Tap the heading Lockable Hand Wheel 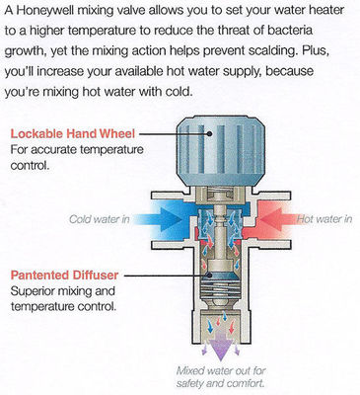click(73, 133)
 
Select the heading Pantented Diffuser click(64, 275)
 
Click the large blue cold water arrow click(158, 218)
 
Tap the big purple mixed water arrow click(221, 345)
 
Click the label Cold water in click(99, 219)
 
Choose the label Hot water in click(324, 219)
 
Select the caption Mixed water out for click(221, 371)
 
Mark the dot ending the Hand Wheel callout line click(209, 133)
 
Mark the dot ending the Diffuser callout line click(209, 275)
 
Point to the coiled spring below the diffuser click(221, 288)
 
